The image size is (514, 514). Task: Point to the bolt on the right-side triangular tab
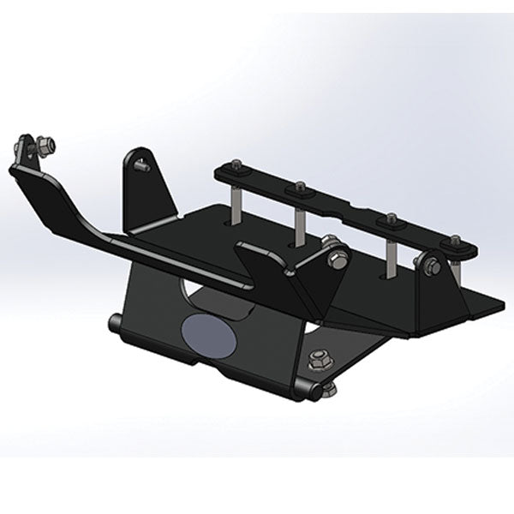tap(434, 266)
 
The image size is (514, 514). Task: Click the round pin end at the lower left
tap(115, 325)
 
